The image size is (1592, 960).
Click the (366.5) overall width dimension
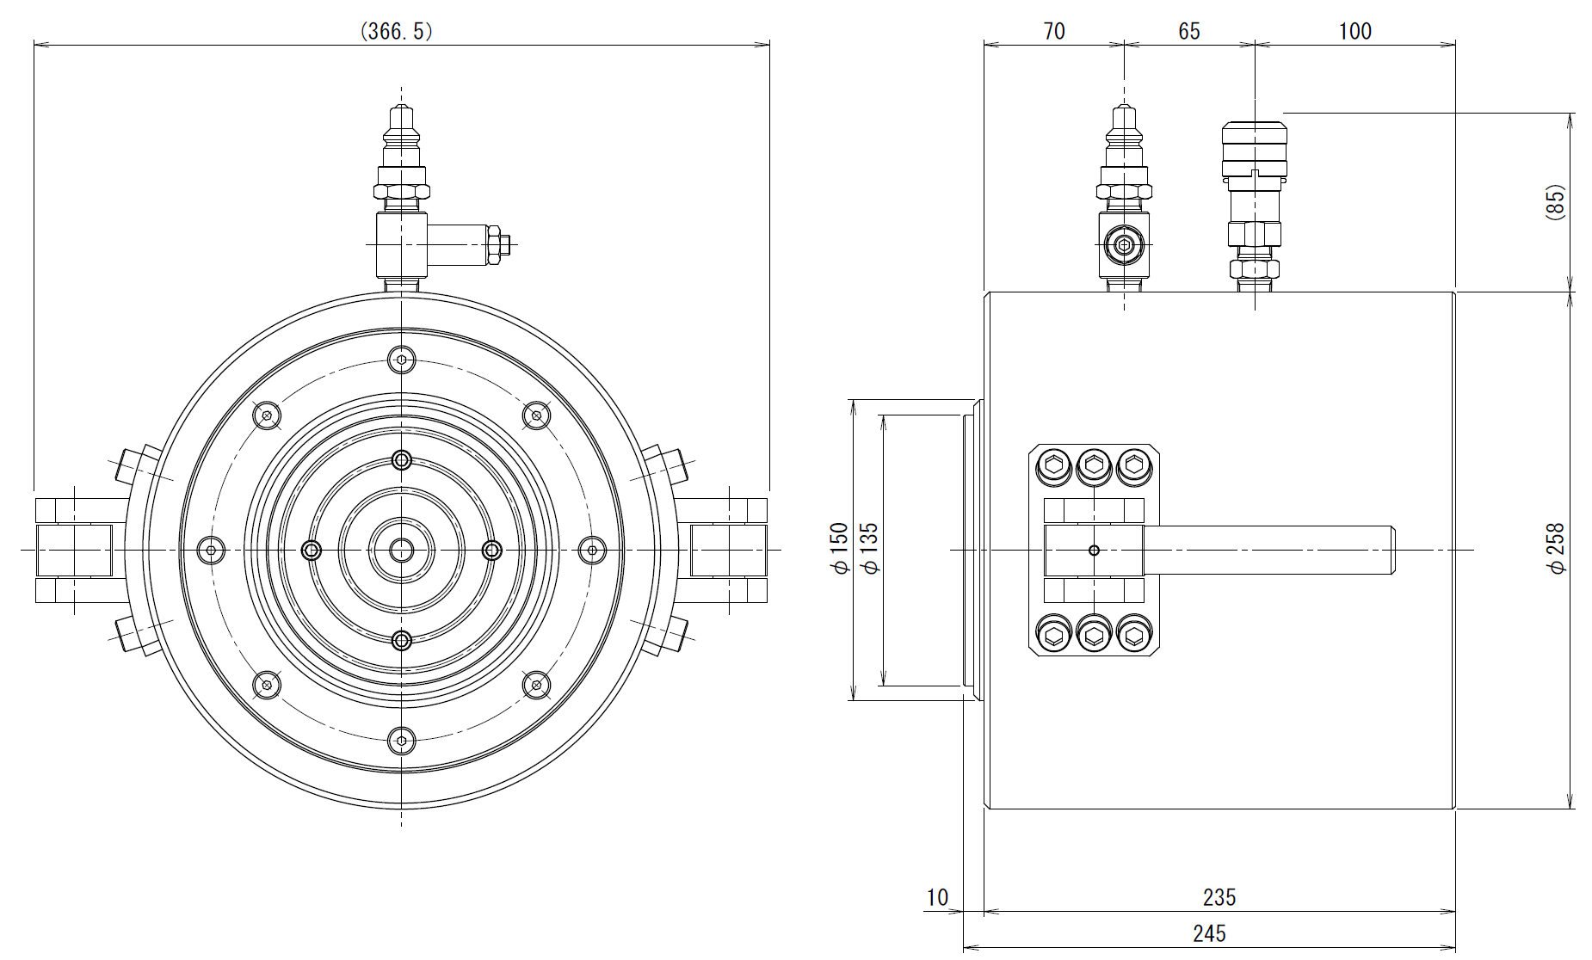(396, 32)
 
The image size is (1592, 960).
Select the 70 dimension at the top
(1053, 32)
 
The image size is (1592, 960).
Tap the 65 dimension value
(1188, 32)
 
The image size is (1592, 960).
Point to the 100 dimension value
(1354, 32)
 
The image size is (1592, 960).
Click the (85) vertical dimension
(1556, 203)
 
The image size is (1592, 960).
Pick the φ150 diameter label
(839, 549)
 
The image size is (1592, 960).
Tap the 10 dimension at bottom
(936, 897)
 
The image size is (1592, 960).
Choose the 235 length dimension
(1219, 897)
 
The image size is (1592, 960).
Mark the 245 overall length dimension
(1209, 933)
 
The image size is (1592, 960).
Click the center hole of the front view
(402, 550)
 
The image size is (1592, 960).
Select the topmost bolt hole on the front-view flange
(402, 360)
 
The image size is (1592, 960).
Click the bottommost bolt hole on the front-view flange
(402, 740)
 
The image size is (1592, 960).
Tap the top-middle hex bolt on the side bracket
(1094, 466)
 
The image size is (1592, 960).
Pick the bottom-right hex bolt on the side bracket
(1133, 636)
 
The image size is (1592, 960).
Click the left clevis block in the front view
(73, 550)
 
